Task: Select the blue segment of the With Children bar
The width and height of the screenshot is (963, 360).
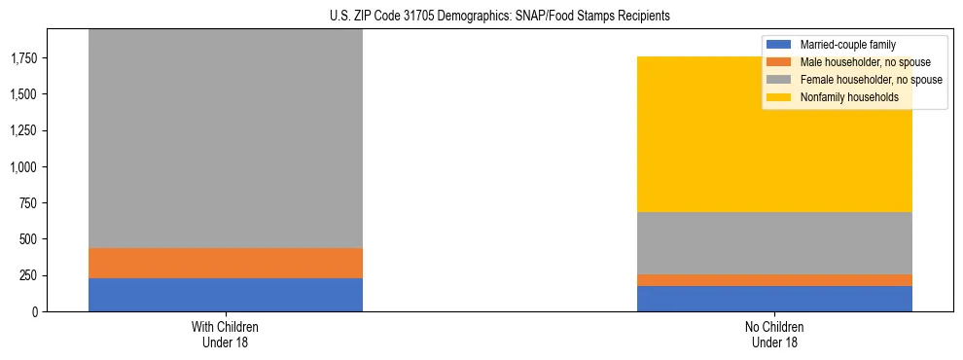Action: [226, 295]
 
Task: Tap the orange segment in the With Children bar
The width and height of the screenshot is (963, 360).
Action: [226, 264]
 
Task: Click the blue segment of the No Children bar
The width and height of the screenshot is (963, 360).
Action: [774, 299]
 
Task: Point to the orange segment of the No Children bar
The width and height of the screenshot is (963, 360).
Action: [774, 280]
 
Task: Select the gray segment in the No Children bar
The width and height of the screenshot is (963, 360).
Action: [774, 243]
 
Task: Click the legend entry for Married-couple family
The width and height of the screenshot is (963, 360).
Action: [847, 45]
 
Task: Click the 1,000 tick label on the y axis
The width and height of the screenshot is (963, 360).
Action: [26, 167]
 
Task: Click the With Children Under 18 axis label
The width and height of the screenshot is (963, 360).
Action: [226, 334]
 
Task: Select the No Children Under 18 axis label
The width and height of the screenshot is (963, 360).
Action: [774, 334]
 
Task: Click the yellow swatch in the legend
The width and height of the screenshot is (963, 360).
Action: [779, 97]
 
